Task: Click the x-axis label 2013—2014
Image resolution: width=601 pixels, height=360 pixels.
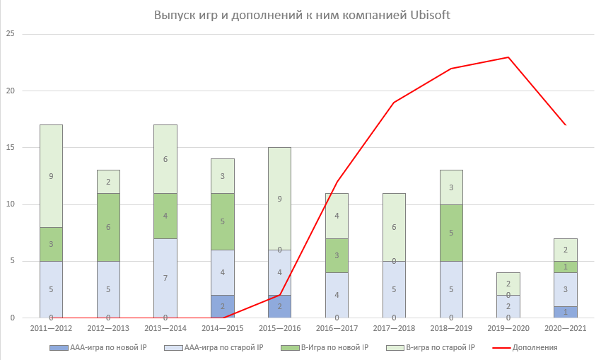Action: click(165, 329)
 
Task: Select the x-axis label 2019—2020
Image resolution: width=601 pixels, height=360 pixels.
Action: click(508, 329)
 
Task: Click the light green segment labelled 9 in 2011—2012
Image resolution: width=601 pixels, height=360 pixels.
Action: click(51, 176)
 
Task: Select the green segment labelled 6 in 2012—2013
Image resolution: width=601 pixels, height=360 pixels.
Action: click(108, 227)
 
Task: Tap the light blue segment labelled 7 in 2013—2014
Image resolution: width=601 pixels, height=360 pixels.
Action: click(165, 278)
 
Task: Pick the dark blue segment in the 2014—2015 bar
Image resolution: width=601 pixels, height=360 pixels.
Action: click(222, 306)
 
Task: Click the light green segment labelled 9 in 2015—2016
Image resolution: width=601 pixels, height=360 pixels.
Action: click(279, 199)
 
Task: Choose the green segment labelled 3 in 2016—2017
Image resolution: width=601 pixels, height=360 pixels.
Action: click(337, 255)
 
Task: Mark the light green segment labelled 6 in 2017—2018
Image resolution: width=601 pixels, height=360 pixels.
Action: click(394, 227)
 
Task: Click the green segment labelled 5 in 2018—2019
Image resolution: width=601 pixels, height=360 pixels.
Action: click(451, 233)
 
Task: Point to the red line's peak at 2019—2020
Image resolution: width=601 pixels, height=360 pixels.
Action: click(508, 57)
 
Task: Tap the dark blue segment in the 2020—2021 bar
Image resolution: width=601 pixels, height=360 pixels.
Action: click(566, 312)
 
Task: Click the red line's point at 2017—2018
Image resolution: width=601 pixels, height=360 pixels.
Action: click(394, 103)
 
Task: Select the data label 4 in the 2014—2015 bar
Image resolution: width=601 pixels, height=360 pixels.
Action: click(222, 272)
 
